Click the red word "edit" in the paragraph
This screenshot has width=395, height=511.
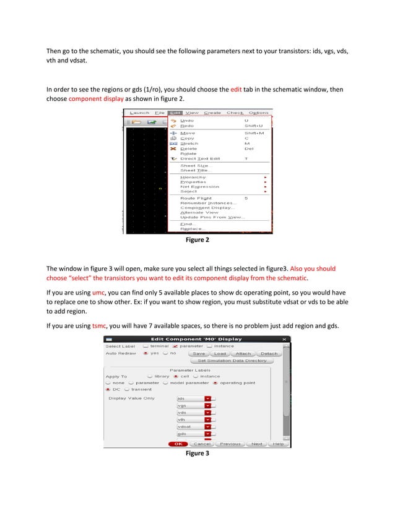(x=236, y=89)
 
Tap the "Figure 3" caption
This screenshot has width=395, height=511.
(x=197, y=453)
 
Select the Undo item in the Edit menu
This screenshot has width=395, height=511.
(x=187, y=120)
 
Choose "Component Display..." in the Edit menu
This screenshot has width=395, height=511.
(x=207, y=207)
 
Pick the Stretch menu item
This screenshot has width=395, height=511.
(x=189, y=143)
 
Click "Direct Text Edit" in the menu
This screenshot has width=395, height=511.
(x=200, y=158)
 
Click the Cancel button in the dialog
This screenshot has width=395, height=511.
(x=202, y=444)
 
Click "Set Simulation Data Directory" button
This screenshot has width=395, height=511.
(x=232, y=360)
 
